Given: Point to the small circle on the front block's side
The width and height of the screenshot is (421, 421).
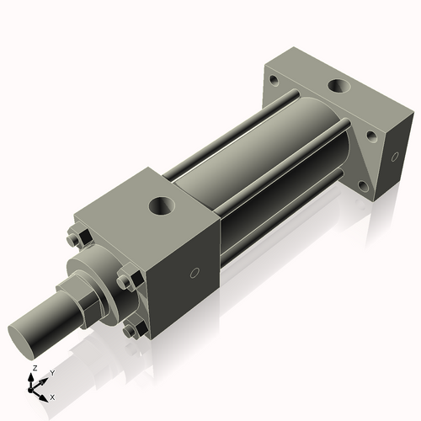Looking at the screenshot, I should [195, 273].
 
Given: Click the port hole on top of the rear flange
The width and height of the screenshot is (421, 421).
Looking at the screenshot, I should [338, 86].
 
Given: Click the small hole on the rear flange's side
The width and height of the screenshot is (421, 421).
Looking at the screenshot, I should [397, 157].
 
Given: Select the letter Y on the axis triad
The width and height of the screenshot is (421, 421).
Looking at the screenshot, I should [51, 372].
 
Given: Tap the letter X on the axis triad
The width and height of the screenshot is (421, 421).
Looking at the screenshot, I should [52, 396].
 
